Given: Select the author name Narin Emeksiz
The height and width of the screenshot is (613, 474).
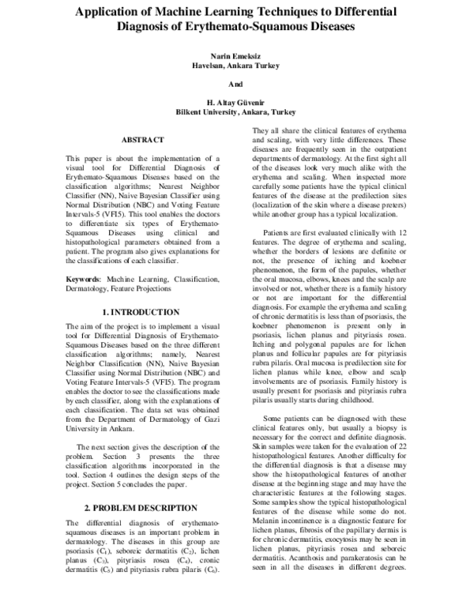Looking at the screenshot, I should [235, 55].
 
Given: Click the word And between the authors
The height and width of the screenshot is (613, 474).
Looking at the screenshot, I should [235, 84].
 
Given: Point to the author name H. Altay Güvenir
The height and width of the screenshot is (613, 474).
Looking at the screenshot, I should [235, 103].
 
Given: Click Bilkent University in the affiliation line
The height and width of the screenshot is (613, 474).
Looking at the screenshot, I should [207, 112].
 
